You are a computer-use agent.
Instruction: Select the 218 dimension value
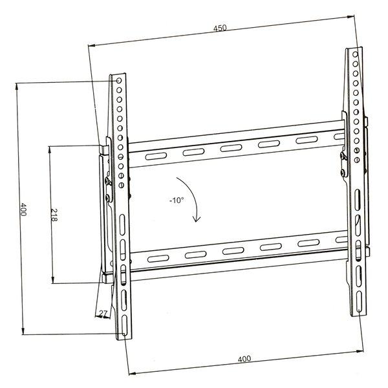(x=54, y=216)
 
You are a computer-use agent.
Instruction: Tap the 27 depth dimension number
(x=102, y=314)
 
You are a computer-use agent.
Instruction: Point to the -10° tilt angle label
(x=177, y=200)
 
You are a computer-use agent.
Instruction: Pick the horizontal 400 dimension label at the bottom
(x=244, y=359)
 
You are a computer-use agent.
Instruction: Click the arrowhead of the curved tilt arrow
(x=195, y=221)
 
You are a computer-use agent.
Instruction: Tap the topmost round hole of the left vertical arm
(x=118, y=81)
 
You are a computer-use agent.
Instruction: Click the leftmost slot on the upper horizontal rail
(x=155, y=156)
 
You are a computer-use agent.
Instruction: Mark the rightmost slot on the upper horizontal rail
(x=305, y=141)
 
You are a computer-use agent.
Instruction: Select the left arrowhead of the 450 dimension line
(x=90, y=45)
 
